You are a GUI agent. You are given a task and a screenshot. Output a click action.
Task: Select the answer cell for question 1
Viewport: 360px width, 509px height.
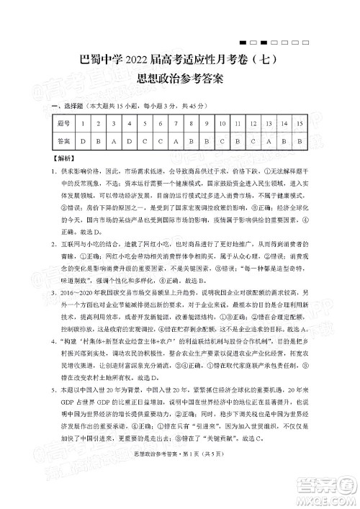pyautogui.click(x=85, y=141)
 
